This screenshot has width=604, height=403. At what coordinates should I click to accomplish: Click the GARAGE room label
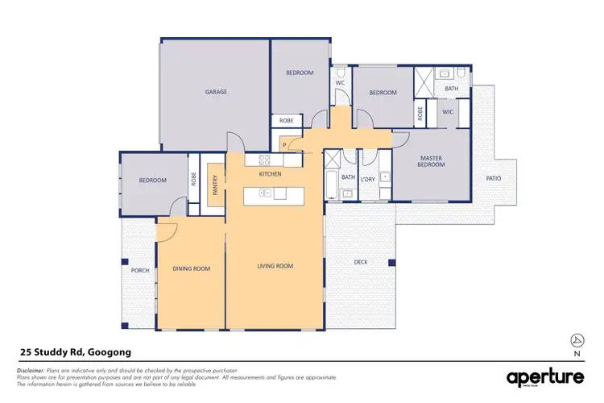[216, 92]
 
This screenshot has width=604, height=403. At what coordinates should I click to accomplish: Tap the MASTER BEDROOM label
[431, 160]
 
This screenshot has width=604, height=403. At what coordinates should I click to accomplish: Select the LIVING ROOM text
[275, 266]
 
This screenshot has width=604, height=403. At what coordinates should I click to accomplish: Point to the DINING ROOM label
[192, 268]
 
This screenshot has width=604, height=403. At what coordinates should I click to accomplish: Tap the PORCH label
[140, 270]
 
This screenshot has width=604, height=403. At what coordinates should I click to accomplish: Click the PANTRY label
[214, 185]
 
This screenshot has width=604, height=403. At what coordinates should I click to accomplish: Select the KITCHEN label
[269, 174]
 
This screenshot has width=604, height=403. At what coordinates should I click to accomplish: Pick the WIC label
[448, 112]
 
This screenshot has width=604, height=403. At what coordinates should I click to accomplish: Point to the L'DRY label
[369, 177]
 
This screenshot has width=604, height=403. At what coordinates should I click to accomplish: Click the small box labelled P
[284, 144]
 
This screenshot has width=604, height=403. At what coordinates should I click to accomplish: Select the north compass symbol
[575, 339]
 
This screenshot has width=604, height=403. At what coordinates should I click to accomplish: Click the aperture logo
[544, 377]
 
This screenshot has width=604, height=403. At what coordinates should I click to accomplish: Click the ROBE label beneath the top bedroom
[286, 121]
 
